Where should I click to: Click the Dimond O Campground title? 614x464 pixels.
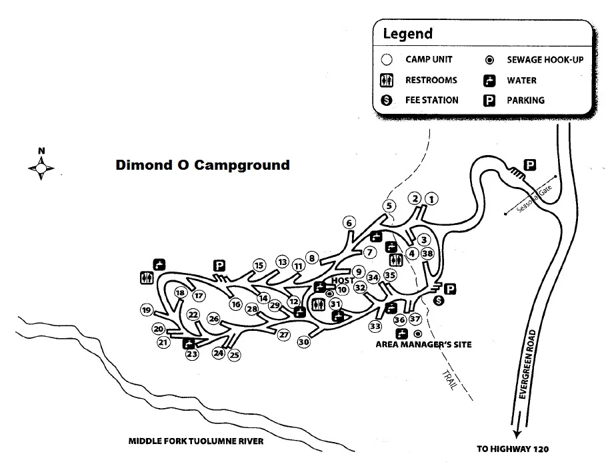click(203, 164)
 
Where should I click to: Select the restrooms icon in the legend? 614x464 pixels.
click(386, 81)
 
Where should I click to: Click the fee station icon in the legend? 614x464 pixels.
click(386, 101)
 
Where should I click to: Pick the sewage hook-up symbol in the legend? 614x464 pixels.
click(489, 60)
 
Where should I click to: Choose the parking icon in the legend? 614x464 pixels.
click(489, 101)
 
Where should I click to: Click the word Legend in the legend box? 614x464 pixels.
click(407, 34)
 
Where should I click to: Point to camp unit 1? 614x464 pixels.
click(432, 198)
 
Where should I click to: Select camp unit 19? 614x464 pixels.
click(146, 310)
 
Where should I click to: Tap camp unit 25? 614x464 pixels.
click(234, 355)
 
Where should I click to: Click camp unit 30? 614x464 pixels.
click(304, 342)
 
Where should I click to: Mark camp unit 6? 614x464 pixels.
click(348, 222)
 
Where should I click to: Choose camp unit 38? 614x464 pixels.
click(428, 253)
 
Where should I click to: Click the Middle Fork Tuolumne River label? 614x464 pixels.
click(197, 441)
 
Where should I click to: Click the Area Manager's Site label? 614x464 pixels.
click(423, 345)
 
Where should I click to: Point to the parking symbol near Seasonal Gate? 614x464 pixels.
click(530, 164)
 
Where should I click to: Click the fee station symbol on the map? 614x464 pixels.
click(439, 302)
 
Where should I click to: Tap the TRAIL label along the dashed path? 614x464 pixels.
click(448, 379)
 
